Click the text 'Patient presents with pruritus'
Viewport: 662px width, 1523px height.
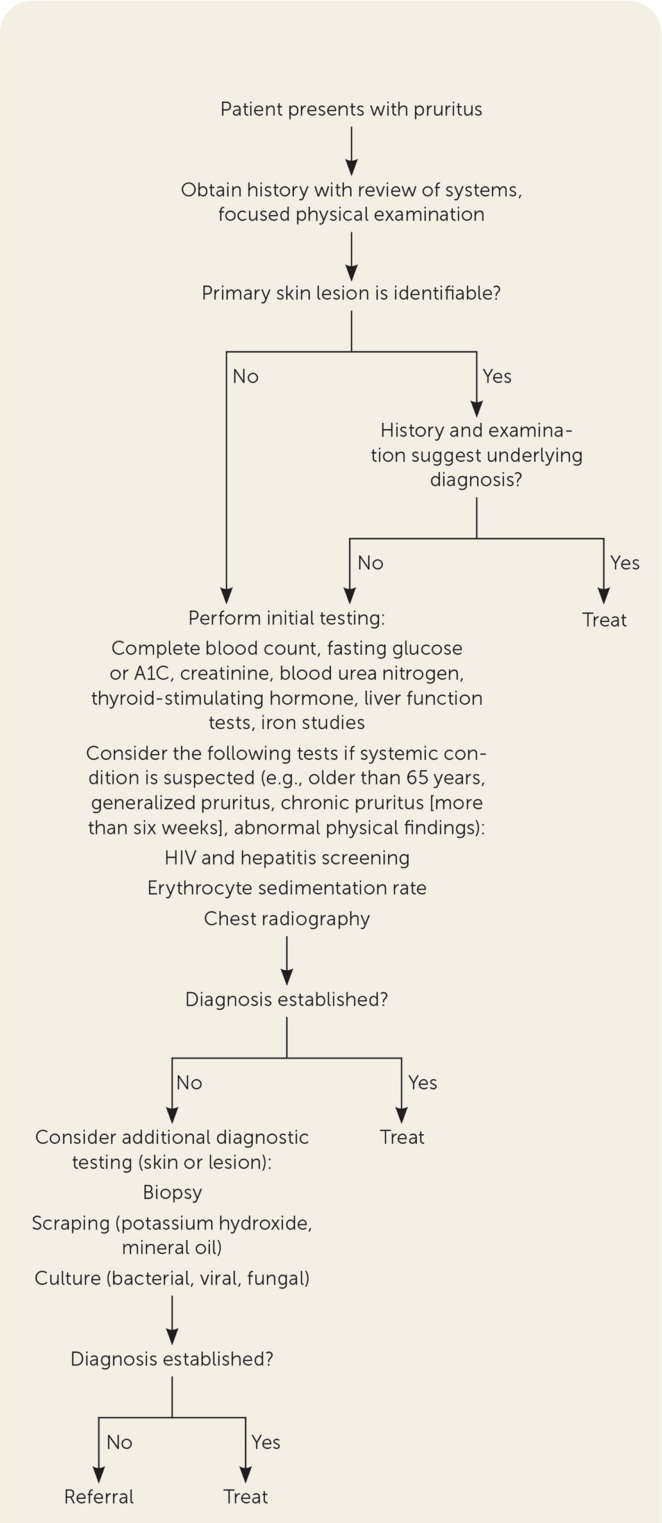351,110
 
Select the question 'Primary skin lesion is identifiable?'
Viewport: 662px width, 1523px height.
351,294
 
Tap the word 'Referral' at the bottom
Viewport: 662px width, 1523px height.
99,1497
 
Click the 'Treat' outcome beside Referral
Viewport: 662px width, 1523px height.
245,1497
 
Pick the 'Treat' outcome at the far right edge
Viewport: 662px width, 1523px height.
604,620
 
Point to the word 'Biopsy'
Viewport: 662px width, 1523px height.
172,1192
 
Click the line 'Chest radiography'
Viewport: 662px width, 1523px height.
287,919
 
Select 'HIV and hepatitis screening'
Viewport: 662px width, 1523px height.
287,858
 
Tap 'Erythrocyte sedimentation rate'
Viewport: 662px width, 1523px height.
287,888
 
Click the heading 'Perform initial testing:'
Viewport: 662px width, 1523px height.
286,618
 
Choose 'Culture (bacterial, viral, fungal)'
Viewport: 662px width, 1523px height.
172,1278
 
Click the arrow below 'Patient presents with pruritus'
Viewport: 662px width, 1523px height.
351,150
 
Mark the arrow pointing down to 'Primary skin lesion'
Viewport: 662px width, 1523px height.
351,256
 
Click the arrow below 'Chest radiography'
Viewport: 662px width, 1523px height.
287,960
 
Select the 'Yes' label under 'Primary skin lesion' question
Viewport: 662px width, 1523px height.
497,376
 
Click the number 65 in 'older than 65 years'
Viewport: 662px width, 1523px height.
419,778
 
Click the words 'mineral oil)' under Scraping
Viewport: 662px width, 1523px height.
172,1247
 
